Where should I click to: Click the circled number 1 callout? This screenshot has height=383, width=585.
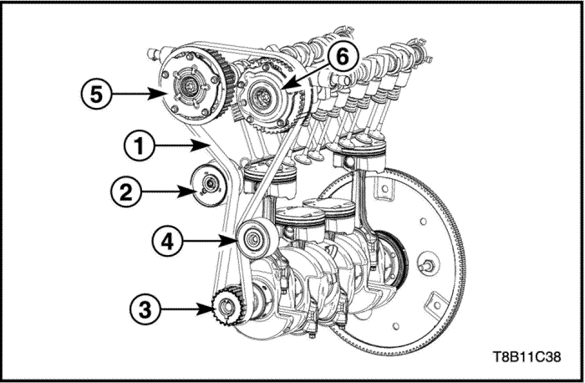pyautogui.click(x=140, y=146)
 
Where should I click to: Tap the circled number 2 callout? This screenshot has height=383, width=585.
pyautogui.click(x=125, y=191)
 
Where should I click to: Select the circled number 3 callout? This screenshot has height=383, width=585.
pyautogui.click(x=145, y=309)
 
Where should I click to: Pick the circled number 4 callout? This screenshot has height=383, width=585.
pyautogui.click(x=167, y=241)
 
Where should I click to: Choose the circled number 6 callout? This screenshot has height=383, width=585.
pyautogui.click(x=343, y=57)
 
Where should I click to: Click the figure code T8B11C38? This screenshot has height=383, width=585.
pyautogui.click(x=526, y=357)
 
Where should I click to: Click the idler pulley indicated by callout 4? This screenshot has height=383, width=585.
pyautogui.click(x=257, y=239)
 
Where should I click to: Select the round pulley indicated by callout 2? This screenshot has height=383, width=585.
pyautogui.click(x=209, y=185)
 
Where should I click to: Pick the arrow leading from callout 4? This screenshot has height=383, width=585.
pyautogui.click(x=210, y=241)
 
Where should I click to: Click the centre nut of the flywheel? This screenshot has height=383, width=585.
pyautogui.click(x=428, y=265)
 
